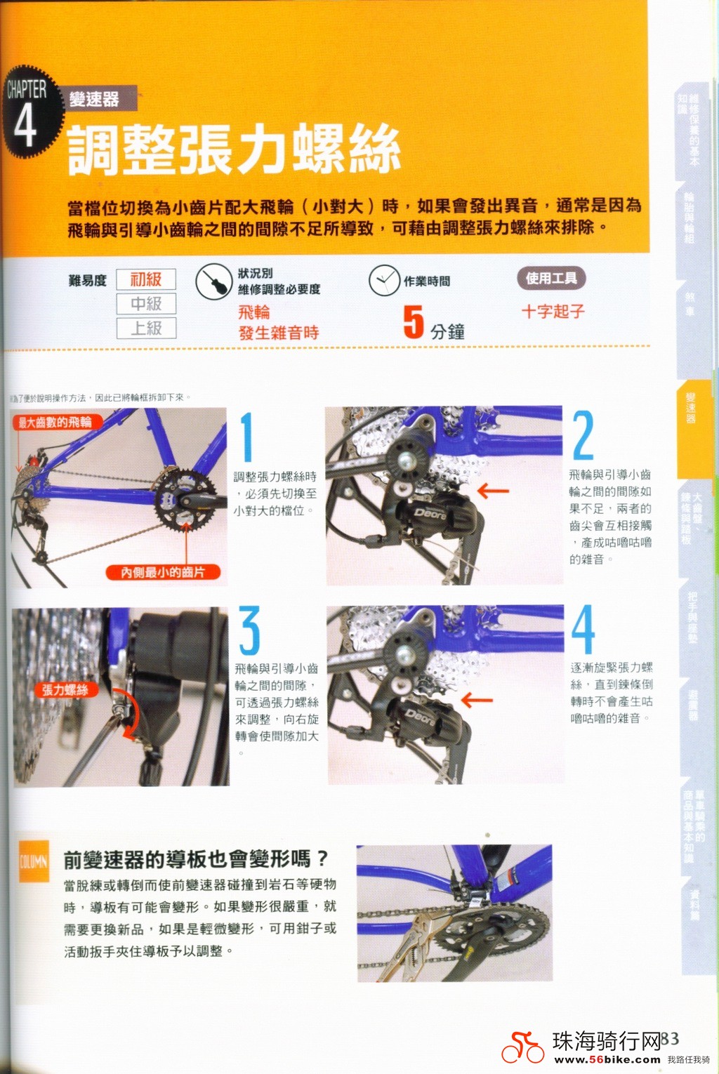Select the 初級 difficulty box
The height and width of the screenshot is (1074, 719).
[x=146, y=279]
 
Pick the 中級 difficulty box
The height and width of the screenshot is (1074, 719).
[x=146, y=304]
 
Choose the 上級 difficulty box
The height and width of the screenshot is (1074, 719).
[x=146, y=328]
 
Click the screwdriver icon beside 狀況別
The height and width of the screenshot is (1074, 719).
[x=213, y=282]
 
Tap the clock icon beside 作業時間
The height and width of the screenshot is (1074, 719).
[x=384, y=281]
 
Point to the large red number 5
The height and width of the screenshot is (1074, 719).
[x=414, y=322]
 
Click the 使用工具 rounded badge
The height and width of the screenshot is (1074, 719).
[x=551, y=278]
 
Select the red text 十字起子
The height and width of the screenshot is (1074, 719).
[x=553, y=311]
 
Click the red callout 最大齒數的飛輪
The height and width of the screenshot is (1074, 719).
[x=55, y=422]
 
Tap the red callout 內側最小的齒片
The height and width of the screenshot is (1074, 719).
[x=163, y=572]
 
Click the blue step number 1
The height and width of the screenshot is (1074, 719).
[x=246, y=437]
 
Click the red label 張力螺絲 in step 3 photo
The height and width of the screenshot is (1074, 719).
[x=65, y=690]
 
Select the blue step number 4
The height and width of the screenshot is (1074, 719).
[x=583, y=630]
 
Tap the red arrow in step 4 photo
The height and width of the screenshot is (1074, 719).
[x=477, y=700]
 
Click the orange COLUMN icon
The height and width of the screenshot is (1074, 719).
[x=34, y=861]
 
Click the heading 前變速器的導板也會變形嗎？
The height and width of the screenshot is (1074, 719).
[x=196, y=858]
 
